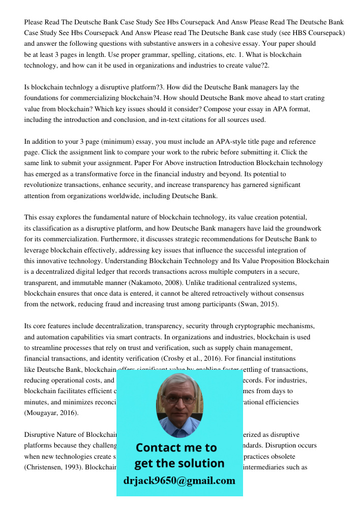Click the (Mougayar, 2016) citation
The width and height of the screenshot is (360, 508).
coord(51,413)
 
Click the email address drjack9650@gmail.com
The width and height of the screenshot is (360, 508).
coord(179,481)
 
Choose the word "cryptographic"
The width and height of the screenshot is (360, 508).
coord(241,326)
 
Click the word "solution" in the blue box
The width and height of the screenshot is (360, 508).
coord(203,463)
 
